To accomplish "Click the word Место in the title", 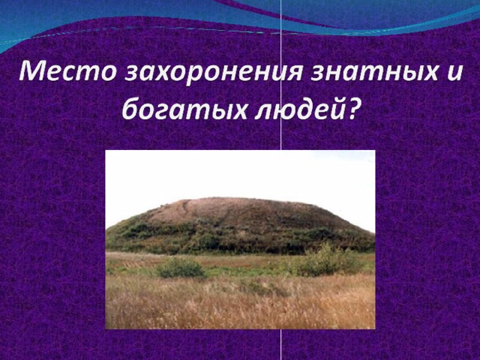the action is pyautogui.click(x=67, y=72).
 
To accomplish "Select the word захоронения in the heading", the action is pyautogui.click(x=214, y=73).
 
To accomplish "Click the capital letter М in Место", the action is pyautogui.click(x=34, y=72).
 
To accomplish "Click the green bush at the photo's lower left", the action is pyautogui.click(x=180, y=268).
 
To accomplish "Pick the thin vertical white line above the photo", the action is pyautogui.click(x=281, y=75).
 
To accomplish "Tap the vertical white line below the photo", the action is pyautogui.click(x=281, y=344).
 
